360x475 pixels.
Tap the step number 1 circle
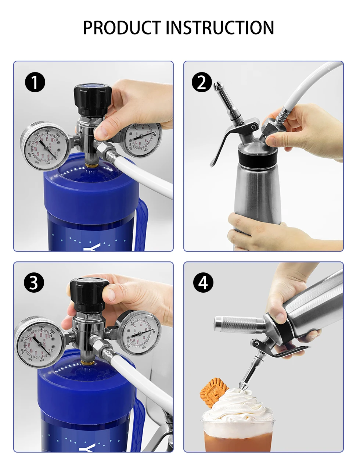[x=35, y=82]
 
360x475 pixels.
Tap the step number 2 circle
[x=202, y=82]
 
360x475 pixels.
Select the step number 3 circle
[x=34, y=283]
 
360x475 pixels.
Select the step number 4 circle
[x=203, y=283]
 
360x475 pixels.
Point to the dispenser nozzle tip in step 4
[x=244, y=385]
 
